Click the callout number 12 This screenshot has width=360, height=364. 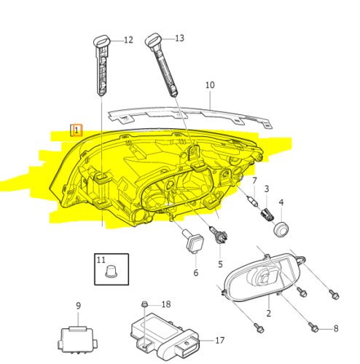(128, 40)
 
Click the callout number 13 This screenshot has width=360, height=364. (179, 38)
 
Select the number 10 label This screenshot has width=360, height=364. (210, 85)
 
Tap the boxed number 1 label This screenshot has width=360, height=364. (76, 130)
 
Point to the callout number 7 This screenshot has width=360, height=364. (254, 181)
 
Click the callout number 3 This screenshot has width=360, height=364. (267, 189)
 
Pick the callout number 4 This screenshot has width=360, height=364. (281, 202)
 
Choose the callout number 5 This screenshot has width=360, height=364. (219, 263)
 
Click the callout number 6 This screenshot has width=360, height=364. (195, 273)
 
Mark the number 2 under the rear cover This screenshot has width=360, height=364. (268, 313)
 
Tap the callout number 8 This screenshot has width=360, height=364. (335, 328)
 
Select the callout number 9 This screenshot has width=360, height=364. (79, 306)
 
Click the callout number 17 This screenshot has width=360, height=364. (220, 340)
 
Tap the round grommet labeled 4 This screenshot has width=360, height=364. (281, 228)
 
